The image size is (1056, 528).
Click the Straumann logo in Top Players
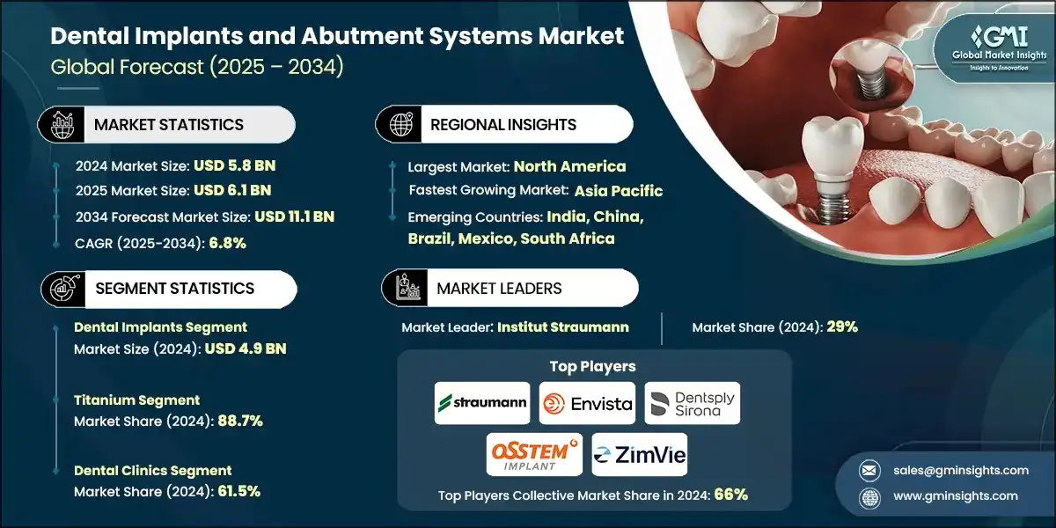coord(482,404)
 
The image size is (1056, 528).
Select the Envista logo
coord(587,404)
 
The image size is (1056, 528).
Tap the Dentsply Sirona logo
coord(693,404)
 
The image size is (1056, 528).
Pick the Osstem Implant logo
coord(534,455)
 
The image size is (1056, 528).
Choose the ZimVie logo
coord(639,455)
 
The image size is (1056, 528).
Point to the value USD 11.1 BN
coord(294,216)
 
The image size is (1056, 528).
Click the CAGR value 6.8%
coord(226,243)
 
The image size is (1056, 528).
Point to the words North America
coord(569,166)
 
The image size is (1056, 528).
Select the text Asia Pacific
coord(618,191)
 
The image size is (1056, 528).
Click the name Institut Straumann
coord(562,327)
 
